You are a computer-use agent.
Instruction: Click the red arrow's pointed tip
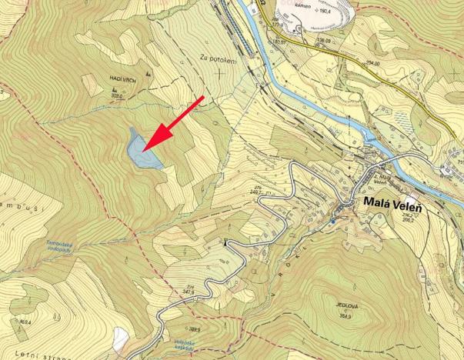tap(144, 149)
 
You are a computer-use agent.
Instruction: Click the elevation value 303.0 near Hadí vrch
tap(119, 98)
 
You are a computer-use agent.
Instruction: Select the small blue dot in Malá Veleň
tap(333, 222)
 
